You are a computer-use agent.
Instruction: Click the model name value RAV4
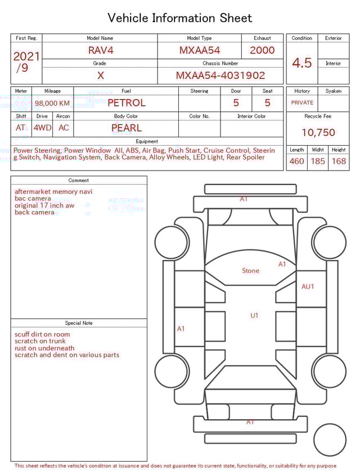coord(101,50)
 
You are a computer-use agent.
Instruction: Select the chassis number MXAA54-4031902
coord(220,75)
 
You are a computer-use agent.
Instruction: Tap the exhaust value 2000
coord(262,50)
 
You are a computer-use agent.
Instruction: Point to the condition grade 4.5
coord(301,63)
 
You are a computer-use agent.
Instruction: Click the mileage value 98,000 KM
coord(52,104)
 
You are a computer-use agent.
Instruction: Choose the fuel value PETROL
coord(126,103)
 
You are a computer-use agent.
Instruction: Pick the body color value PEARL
coord(126,128)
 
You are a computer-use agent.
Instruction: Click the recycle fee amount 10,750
coord(318,133)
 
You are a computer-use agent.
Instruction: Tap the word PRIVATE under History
coord(302,103)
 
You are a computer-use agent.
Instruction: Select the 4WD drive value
coord(42,128)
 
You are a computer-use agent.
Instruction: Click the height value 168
coord(339,162)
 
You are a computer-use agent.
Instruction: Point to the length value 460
coord(296,162)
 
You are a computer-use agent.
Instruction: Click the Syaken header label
coord(333,91)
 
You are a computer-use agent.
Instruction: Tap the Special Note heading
coord(79,323)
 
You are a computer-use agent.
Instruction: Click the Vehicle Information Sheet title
coord(180,18)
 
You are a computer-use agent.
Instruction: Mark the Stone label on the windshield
coord(250,271)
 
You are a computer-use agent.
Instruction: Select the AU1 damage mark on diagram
coord(308,287)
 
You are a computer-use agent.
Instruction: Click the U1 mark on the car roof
coord(254,316)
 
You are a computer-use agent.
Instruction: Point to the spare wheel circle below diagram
coord(330,440)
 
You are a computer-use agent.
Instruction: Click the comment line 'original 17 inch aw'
coord(44,205)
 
